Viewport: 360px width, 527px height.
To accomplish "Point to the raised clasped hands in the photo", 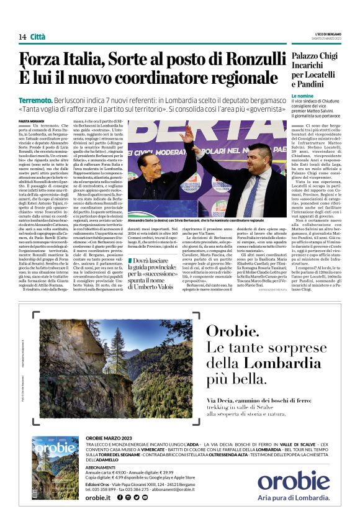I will [187, 133].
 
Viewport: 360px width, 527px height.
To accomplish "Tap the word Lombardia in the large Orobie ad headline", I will [260, 363].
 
